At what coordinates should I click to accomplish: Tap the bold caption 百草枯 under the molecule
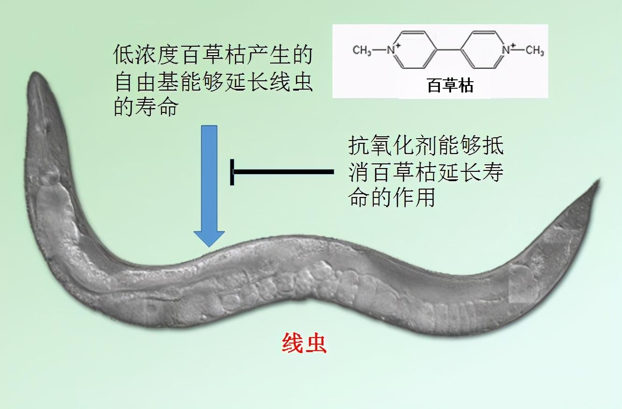tap(450, 86)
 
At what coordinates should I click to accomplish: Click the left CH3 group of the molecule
tap(362, 50)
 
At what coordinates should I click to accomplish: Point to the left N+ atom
tap(392, 49)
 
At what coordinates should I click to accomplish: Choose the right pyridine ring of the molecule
tap(483, 49)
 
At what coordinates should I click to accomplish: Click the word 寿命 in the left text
tap(156, 108)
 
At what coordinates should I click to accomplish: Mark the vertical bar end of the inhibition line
tap(232, 172)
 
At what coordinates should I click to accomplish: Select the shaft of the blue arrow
tap(209, 177)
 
